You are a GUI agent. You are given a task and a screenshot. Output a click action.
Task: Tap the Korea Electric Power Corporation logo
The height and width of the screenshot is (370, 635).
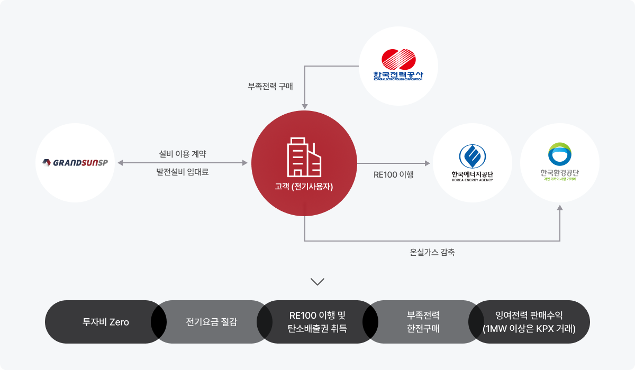click(398, 66)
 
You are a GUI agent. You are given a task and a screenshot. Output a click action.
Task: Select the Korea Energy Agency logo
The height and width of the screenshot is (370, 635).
click(472, 163)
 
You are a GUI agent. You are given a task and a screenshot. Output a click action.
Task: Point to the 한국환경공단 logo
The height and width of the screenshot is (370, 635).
click(559, 163)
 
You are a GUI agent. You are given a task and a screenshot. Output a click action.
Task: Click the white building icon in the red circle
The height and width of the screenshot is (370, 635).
click(304, 156)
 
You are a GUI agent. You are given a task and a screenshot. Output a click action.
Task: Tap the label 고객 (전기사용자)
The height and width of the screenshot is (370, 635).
click(304, 186)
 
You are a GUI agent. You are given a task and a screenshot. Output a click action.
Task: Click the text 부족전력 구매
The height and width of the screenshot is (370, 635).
click(270, 86)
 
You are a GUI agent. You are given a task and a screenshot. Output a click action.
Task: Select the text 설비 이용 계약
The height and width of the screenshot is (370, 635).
click(182, 154)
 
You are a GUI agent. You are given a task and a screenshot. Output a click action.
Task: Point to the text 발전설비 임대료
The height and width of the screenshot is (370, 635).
click(182, 172)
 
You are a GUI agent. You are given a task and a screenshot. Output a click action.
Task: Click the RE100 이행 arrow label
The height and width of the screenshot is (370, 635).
click(393, 174)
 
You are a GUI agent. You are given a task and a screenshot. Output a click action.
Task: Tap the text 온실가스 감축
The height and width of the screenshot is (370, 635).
click(432, 252)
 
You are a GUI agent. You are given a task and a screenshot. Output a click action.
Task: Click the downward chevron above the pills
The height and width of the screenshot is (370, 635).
click(317, 282)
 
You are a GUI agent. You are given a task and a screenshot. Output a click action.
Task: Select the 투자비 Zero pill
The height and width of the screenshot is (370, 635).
click(105, 322)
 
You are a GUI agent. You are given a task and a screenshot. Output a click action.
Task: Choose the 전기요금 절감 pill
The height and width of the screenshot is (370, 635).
click(211, 322)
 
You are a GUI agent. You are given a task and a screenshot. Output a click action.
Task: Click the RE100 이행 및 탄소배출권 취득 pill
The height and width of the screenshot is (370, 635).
click(317, 322)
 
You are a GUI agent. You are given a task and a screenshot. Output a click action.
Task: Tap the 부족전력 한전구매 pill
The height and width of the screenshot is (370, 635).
click(423, 322)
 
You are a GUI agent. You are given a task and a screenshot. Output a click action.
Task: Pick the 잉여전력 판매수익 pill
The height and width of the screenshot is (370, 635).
click(529, 322)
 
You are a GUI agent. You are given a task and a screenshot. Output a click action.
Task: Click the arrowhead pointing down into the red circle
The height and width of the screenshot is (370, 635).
click(305, 106)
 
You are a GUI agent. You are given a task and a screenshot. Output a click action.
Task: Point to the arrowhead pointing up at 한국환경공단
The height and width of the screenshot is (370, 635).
click(560, 209)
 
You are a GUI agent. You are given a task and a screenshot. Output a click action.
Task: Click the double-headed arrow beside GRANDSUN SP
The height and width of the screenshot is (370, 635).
click(182, 163)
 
